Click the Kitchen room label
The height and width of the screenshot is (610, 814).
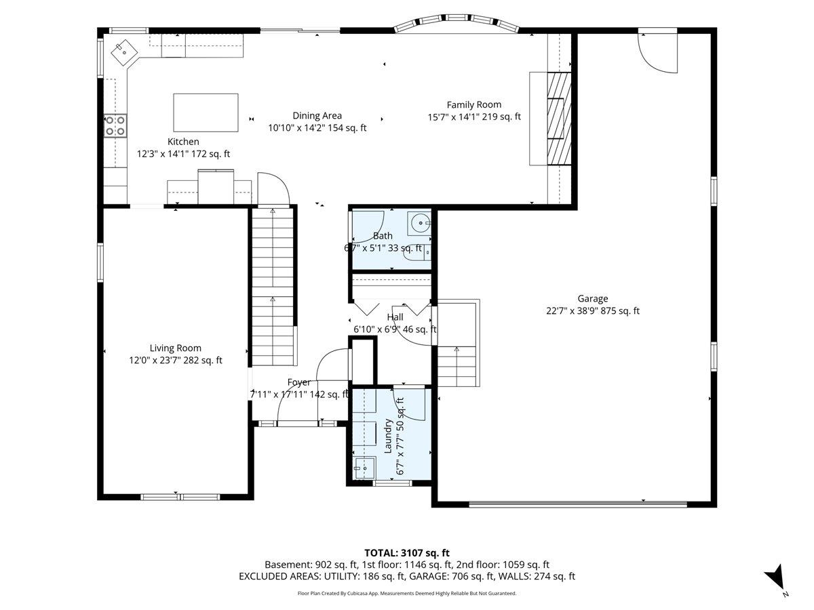click(x=183, y=142)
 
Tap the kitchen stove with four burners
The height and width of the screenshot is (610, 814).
click(x=115, y=126)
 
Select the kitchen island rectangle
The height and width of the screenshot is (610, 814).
click(x=206, y=113)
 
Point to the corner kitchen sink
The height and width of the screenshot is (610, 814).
click(x=124, y=53)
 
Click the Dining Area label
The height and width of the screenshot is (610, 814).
click(x=317, y=116)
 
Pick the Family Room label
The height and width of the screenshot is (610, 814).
click(x=474, y=105)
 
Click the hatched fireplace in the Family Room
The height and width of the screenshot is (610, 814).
click(x=559, y=119)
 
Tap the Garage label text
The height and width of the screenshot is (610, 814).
click(x=593, y=298)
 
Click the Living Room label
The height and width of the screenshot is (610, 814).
click(x=176, y=348)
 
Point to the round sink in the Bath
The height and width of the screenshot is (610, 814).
click(x=419, y=224)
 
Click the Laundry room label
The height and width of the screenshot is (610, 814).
click(x=388, y=436)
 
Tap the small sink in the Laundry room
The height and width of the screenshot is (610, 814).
click(x=365, y=468)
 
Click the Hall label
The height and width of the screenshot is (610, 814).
click(x=395, y=317)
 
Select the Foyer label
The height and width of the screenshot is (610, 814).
click(x=299, y=382)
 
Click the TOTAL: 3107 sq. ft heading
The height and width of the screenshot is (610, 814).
click(x=407, y=553)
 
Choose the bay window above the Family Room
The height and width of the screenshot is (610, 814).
click(x=457, y=23)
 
